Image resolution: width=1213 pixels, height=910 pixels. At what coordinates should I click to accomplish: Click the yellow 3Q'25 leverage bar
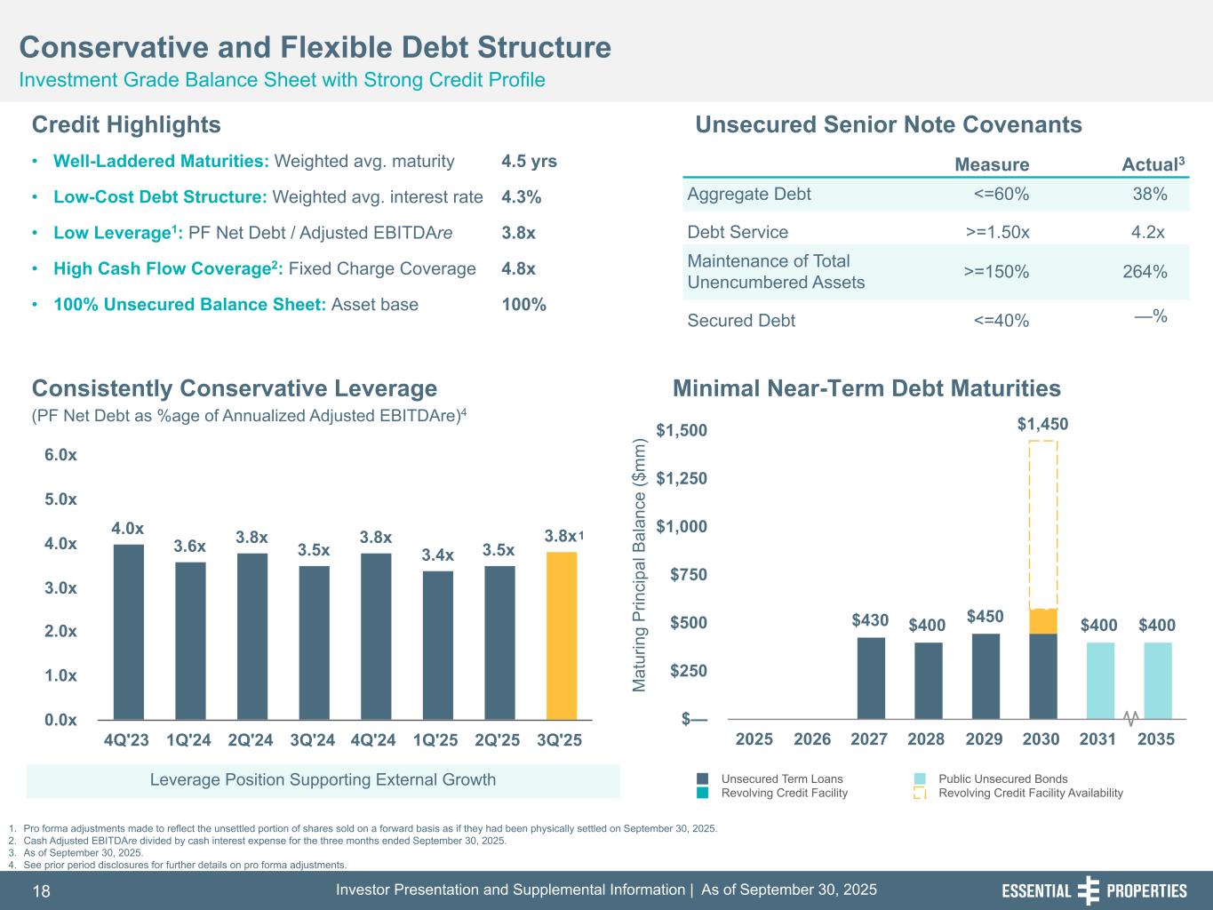click(562, 635)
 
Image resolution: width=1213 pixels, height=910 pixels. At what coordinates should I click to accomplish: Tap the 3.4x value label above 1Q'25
click(438, 555)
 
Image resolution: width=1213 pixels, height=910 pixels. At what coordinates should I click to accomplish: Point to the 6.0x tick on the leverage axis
click(60, 455)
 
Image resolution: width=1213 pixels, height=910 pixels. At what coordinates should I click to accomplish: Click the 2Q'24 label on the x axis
click(251, 739)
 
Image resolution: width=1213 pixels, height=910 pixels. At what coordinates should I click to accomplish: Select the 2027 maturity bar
click(871, 677)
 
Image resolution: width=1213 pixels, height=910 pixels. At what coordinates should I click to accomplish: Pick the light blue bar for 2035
click(1157, 680)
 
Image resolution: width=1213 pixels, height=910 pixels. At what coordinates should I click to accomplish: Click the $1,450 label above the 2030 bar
click(1042, 425)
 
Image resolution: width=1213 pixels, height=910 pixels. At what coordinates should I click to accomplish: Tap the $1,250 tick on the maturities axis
click(682, 479)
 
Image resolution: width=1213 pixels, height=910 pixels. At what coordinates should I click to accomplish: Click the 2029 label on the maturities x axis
click(985, 739)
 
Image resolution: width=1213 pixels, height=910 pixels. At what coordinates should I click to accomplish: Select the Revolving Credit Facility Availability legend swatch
click(921, 793)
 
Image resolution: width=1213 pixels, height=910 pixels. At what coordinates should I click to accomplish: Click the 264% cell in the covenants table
click(1145, 272)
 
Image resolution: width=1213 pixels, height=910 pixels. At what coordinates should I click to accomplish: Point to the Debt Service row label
click(738, 233)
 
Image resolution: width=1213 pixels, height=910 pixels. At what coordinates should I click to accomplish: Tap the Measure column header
click(992, 164)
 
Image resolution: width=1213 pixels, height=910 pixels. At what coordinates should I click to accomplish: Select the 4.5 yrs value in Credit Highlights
click(529, 162)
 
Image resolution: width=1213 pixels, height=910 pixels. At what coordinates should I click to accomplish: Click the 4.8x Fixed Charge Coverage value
click(518, 268)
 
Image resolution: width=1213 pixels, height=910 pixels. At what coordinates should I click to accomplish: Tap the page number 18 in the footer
click(42, 891)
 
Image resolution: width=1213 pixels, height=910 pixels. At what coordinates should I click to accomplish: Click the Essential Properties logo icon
click(1088, 890)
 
